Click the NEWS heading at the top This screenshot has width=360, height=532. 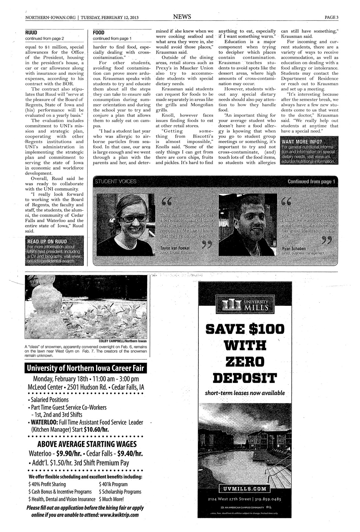pos(182,17)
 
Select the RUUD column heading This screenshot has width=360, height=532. pos(31,32)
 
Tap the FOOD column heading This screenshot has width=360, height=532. pos(99,32)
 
